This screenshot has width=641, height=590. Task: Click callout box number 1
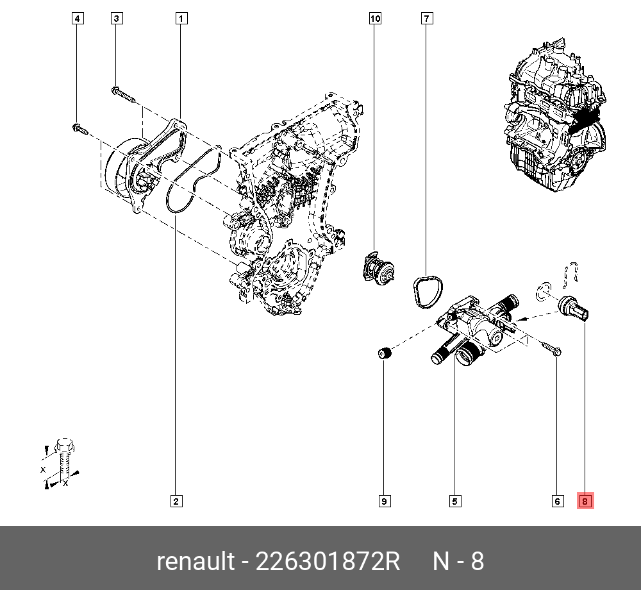point(182,19)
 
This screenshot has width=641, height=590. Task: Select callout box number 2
point(175,501)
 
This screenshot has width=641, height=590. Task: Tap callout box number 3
point(117,19)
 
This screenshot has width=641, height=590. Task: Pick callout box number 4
point(77,19)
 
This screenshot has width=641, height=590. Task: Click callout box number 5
point(455,501)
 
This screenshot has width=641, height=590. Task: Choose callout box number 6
point(557,501)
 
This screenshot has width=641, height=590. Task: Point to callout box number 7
point(426,19)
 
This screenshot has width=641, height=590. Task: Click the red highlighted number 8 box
point(586,501)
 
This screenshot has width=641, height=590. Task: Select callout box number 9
point(384,501)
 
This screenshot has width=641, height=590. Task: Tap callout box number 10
point(375,19)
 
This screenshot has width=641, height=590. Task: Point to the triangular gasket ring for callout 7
point(425,292)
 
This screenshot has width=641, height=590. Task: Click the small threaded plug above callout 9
point(384,352)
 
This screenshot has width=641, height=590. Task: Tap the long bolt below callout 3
point(124,95)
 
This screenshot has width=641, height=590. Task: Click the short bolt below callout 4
point(79,130)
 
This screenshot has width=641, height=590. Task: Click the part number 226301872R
point(328,562)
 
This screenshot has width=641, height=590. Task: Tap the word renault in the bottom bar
point(196,562)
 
